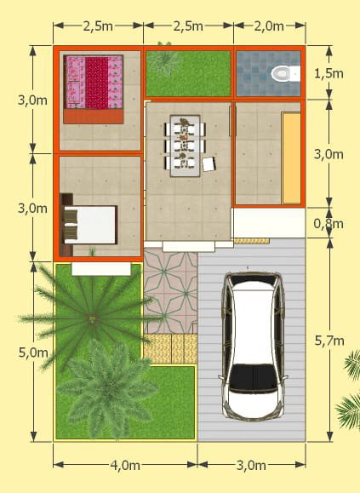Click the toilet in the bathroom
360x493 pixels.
pos(285,73)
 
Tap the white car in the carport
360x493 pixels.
pos(253,347)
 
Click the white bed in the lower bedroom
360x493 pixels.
pos(89,225)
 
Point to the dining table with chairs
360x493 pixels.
pos(185,146)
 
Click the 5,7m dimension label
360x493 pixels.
pos(329,341)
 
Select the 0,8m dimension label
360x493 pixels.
pos(329,224)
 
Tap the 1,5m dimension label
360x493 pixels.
pos(329,73)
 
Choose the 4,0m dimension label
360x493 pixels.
pos(125,465)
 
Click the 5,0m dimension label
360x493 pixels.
pos(33,353)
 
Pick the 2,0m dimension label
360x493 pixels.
pos(269,26)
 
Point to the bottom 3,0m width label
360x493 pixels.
pos(251,465)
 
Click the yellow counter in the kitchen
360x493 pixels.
pos(291,158)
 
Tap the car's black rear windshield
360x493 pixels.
pos(254,376)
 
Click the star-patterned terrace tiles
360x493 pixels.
pos(170,290)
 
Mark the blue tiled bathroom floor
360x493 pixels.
pos(268,73)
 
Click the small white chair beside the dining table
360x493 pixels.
pos(209,164)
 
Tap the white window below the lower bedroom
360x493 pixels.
pos(101,269)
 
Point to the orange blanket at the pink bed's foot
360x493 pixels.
pos(93,117)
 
